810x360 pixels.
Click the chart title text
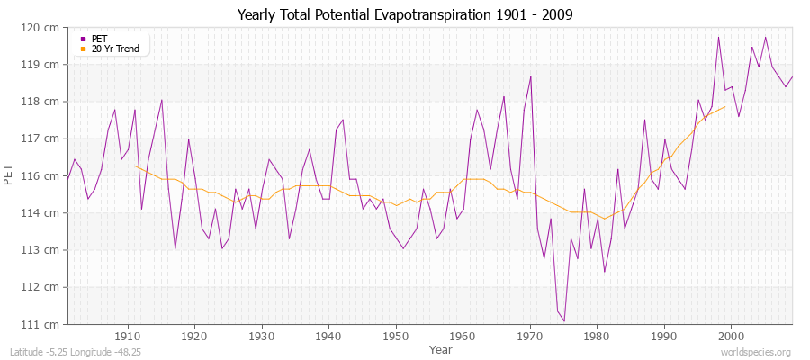404,14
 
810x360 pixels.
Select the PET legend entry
100,39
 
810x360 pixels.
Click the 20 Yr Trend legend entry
115,49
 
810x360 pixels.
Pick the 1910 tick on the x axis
128,335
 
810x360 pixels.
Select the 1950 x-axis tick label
396,335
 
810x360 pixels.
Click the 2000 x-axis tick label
731,335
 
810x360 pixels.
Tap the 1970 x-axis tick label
530,335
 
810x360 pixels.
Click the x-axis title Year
441,348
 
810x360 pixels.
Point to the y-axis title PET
9,175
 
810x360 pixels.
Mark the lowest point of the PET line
564,321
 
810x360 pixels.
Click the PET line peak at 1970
531,76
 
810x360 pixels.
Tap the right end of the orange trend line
724,107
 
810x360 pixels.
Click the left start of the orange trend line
135,166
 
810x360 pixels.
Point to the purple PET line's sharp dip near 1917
175,248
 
